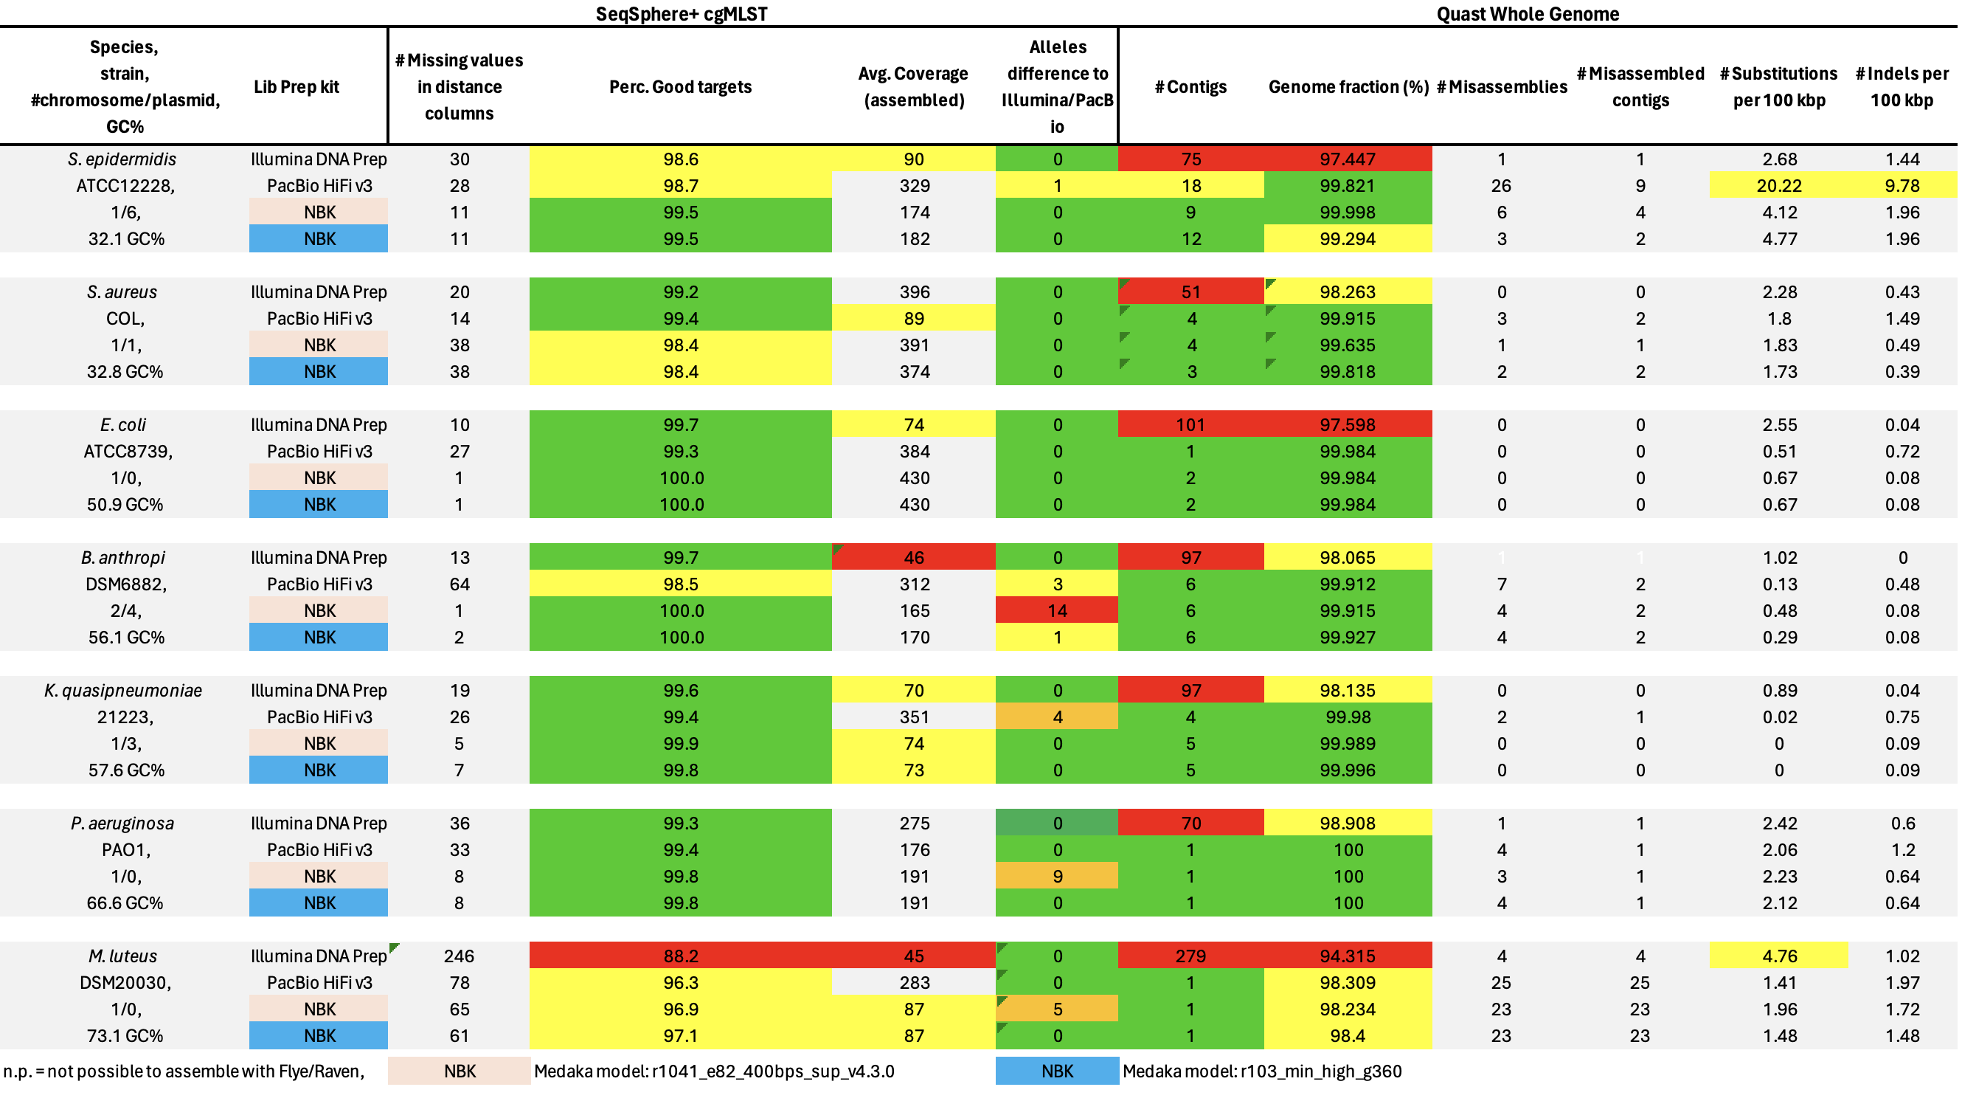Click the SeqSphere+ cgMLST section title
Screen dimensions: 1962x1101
pyautogui.click(x=681, y=14)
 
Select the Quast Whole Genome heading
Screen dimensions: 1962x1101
pyautogui.click(x=1527, y=14)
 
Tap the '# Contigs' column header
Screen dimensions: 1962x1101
pyautogui.click(x=1190, y=87)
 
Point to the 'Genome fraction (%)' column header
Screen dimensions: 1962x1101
pyautogui.click(x=1348, y=87)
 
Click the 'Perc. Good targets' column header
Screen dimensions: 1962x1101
pyautogui.click(x=680, y=87)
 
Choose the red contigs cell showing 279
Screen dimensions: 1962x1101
pyautogui.click(x=1190, y=956)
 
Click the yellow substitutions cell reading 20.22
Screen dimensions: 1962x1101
pyautogui.click(x=1779, y=185)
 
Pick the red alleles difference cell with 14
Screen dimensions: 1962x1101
pyautogui.click(x=1057, y=610)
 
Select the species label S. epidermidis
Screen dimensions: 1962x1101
pyautogui.click(x=122, y=159)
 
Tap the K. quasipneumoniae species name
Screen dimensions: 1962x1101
pyautogui.click(x=123, y=690)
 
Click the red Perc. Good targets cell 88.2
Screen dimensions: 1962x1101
pyautogui.click(x=680, y=956)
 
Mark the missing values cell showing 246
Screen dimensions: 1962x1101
pyautogui.click(x=459, y=956)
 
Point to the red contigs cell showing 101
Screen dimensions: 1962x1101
pyautogui.click(x=1190, y=424)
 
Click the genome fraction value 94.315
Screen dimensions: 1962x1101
pyautogui.click(x=1348, y=956)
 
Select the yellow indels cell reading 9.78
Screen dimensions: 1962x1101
pyautogui.click(x=1902, y=185)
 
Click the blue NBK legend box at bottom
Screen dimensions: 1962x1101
pyautogui.click(x=1057, y=1071)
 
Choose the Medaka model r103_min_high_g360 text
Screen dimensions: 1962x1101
pyautogui.click(x=1262, y=1071)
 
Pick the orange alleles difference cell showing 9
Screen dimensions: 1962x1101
pyautogui.click(x=1057, y=876)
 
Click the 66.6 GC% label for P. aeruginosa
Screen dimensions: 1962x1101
pyautogui.click(x=125, y=903)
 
